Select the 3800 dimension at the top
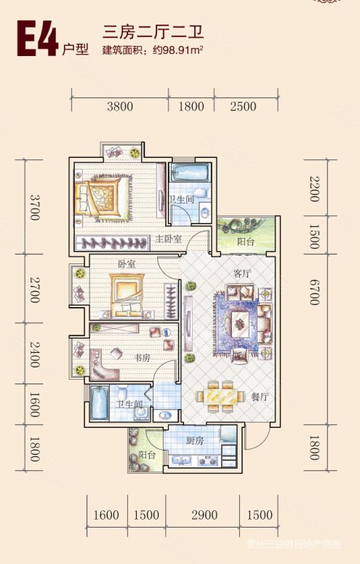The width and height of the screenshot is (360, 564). (120, 106)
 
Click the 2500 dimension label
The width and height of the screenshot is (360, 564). (243, 106)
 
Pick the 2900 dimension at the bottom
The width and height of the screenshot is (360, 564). (204, 515)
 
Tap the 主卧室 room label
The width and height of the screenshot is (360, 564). (167, 239)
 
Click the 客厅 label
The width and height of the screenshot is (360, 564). (241, 273)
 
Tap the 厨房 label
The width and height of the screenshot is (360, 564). (193, 440)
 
